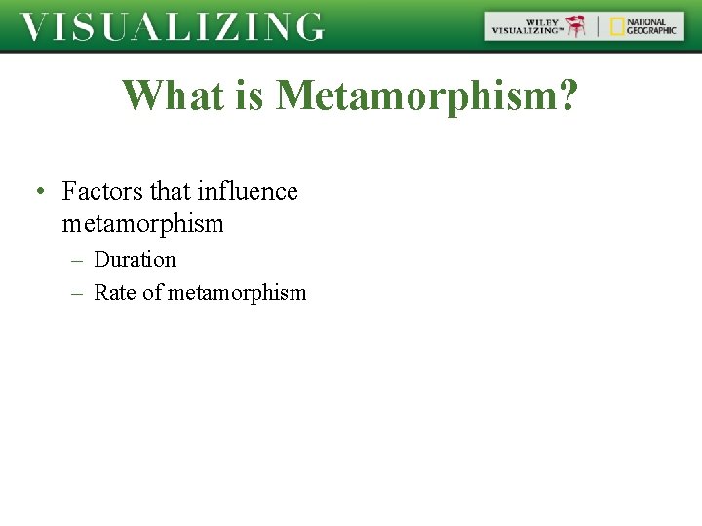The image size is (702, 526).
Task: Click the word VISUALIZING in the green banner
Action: click(172, 26)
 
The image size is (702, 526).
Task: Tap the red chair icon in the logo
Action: click(578, 26)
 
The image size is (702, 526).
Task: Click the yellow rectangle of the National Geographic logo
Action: click(616, 26)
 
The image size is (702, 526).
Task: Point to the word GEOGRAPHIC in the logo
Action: click(651, 31)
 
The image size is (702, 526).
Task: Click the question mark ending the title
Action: click(566, 95)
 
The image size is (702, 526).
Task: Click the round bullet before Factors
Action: click(37, 192)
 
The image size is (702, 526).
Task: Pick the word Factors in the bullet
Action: click(102, 191)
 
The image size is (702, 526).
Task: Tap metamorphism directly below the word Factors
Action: click(142, 224)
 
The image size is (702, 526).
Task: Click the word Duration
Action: click(135, 260)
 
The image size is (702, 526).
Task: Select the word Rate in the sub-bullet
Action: click(115, 293)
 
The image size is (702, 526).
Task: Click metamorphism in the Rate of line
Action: click(237, 293)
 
